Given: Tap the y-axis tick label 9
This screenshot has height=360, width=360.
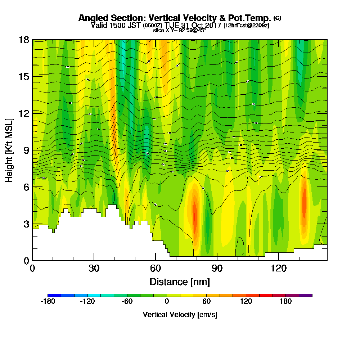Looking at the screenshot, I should point(26,150).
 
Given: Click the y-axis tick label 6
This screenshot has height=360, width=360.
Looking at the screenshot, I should point(26,187).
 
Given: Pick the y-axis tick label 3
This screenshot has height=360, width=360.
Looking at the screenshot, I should point(26,224).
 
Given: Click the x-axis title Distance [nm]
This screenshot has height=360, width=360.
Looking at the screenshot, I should point(180,281).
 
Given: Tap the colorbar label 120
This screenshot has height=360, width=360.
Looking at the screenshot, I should point(246,302).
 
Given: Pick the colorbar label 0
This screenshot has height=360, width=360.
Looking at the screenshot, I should point(167,302).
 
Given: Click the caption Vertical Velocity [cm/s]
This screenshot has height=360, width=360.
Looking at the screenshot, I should point(180,315).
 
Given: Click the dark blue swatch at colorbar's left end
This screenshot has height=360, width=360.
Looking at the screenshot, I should point(54,295).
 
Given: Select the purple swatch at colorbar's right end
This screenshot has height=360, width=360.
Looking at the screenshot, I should point(306,295).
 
